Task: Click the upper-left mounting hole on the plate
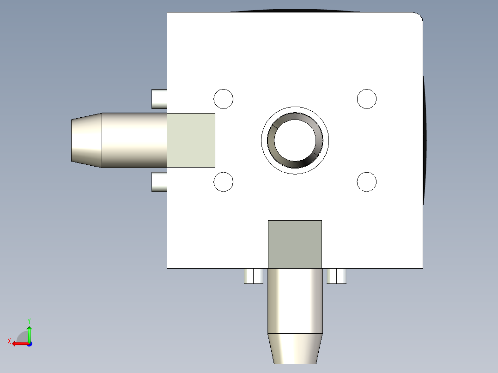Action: tap(223, 99)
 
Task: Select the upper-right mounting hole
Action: tap(367, 99)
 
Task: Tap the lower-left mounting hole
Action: tap(223, 182)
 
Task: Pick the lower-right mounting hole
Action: tap(367, 182)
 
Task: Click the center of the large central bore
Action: tap(295, 140)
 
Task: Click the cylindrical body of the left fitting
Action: tap(134, 140)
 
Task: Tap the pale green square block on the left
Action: tap(191, 140)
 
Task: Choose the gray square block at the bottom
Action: tap(295, 244)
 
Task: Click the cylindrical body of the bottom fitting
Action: tap(295, 301)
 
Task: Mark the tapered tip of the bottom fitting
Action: tap(295, 349)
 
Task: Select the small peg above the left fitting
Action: tap(159, 99)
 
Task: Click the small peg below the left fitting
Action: tap(159, 182)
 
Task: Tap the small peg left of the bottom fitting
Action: tap(254, 276)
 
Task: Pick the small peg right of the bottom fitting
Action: tap(336, 276)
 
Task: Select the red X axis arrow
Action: tap(18, 343)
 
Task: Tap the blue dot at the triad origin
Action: tap(29, 344)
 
